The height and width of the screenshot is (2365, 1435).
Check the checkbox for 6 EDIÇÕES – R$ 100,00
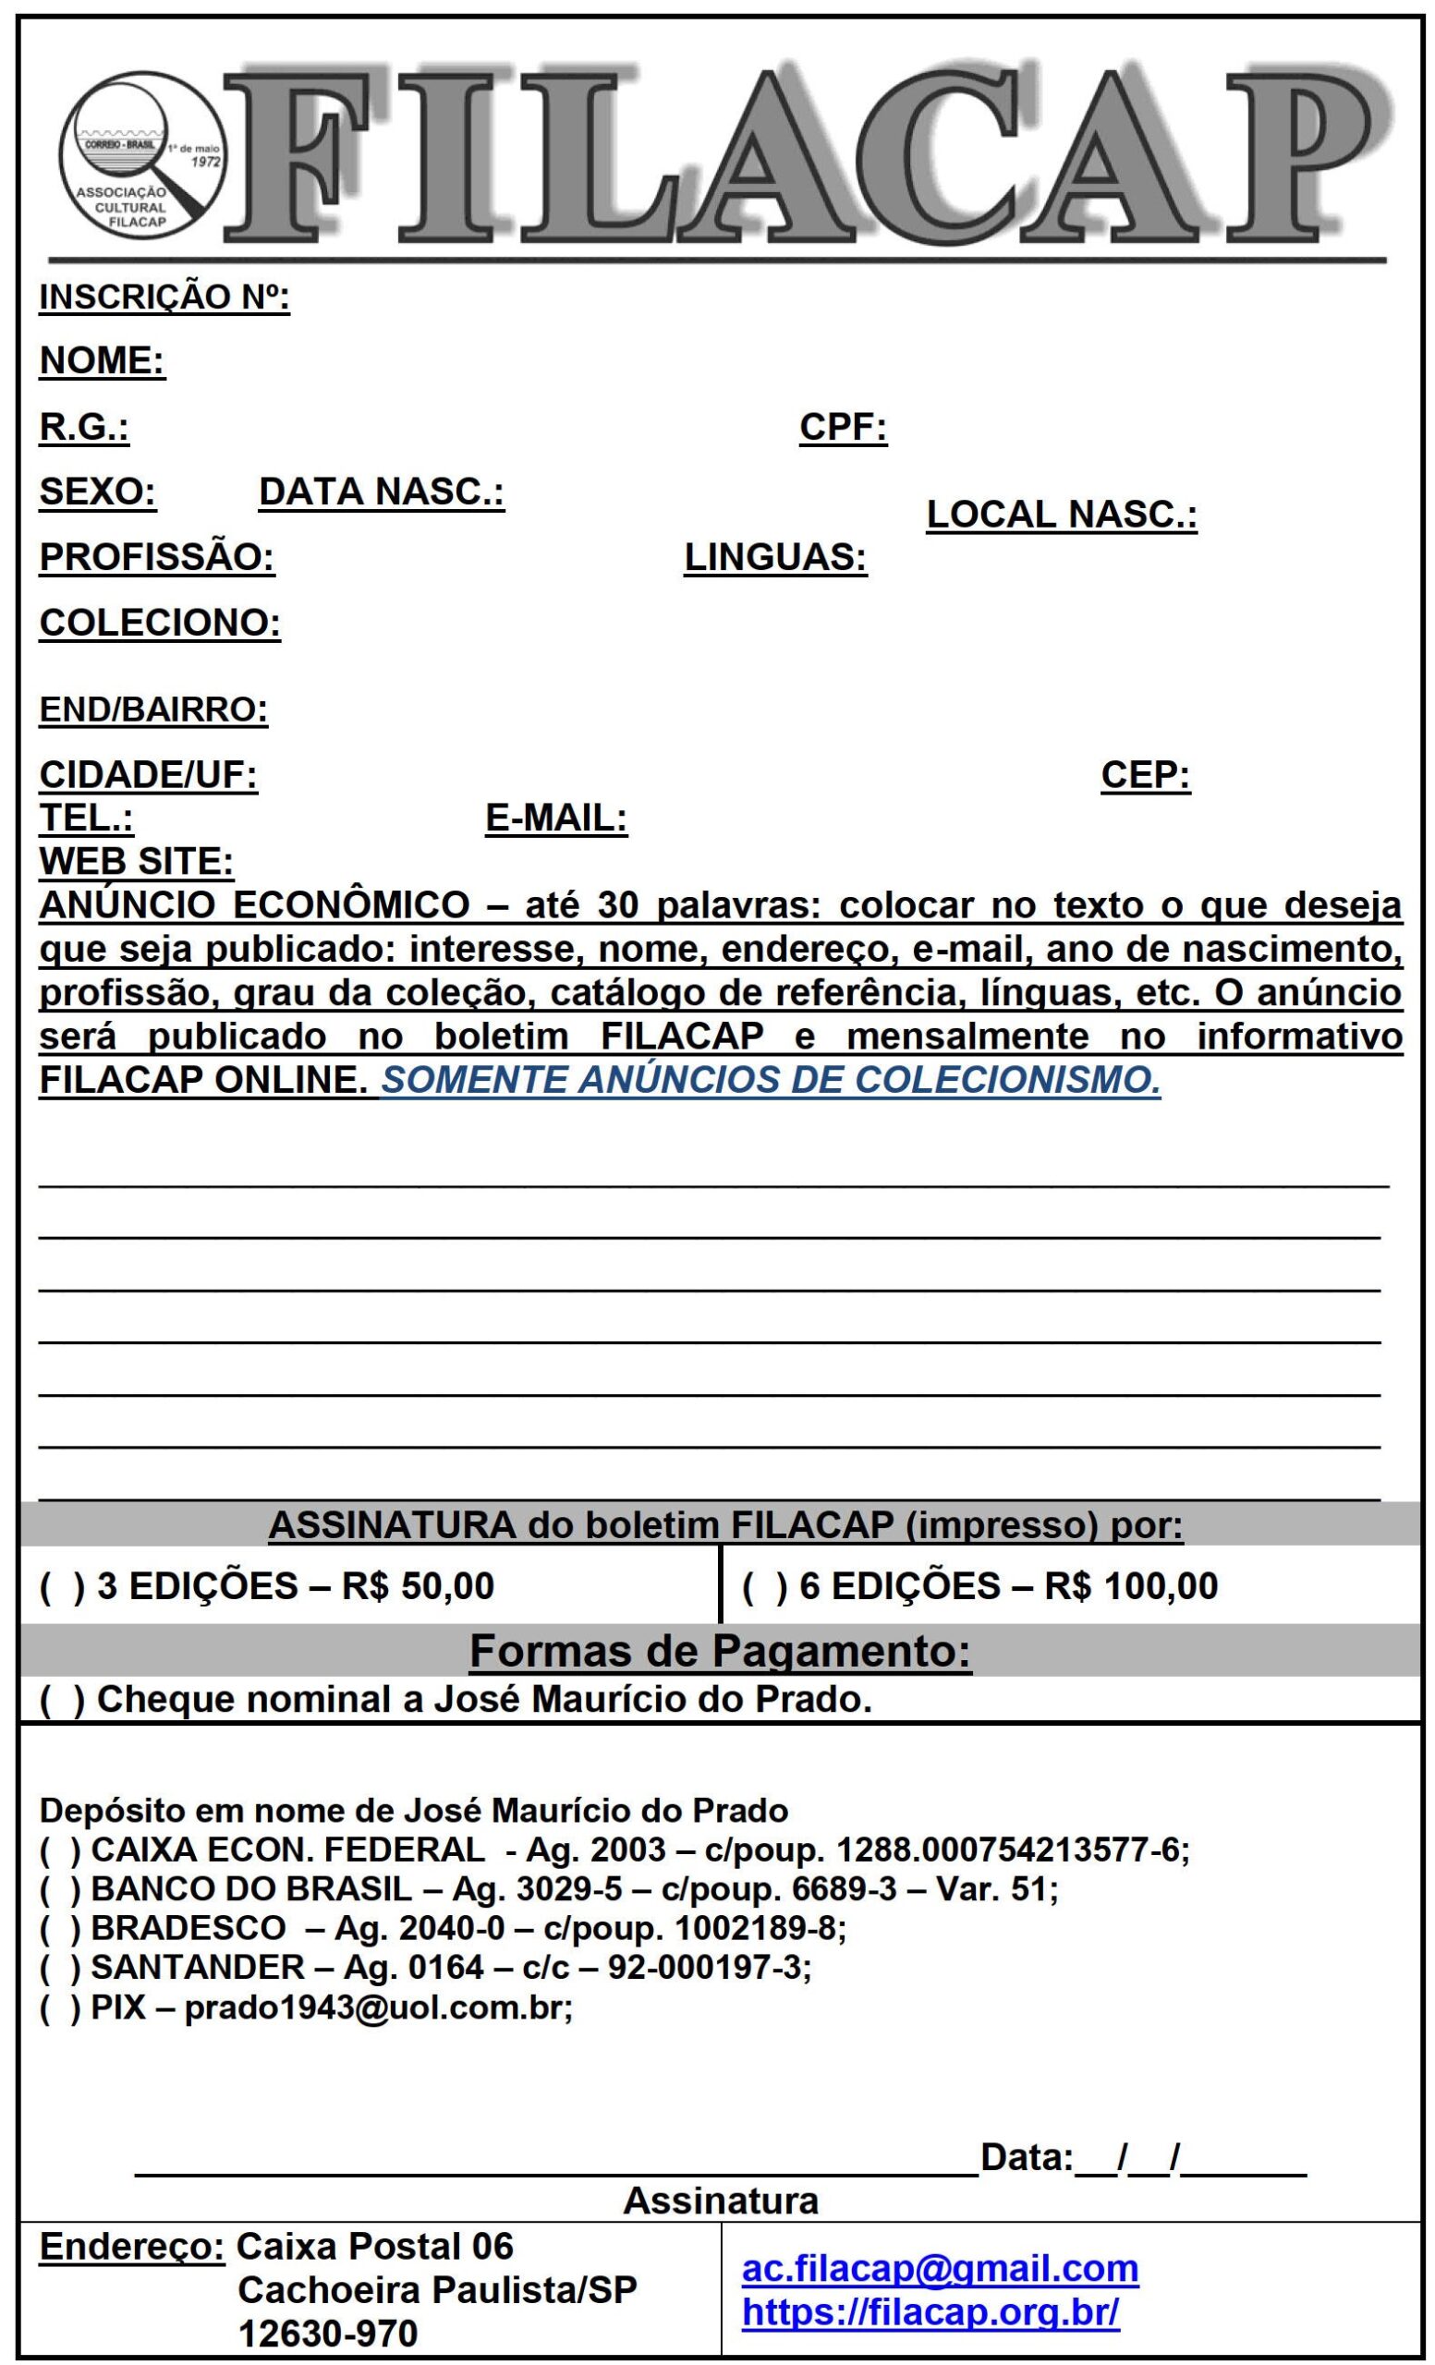tap(765, 1586)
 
